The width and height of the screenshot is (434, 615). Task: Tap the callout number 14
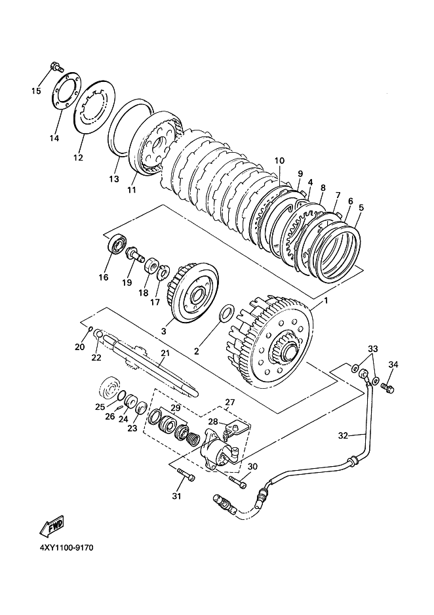point(54,138)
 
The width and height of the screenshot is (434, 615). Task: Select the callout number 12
point(78,157)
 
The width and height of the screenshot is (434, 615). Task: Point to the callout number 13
point(113,178)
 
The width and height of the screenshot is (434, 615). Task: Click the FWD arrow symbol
point(52,525)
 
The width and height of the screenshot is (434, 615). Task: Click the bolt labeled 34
point(389,389)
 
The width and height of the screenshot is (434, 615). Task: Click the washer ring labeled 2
point(224,313)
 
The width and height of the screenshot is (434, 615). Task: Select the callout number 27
point(229,402)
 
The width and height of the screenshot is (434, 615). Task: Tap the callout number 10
point(280,160)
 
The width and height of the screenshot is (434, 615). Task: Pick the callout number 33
point(372,348)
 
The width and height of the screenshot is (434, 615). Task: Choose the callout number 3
point(163,332)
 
